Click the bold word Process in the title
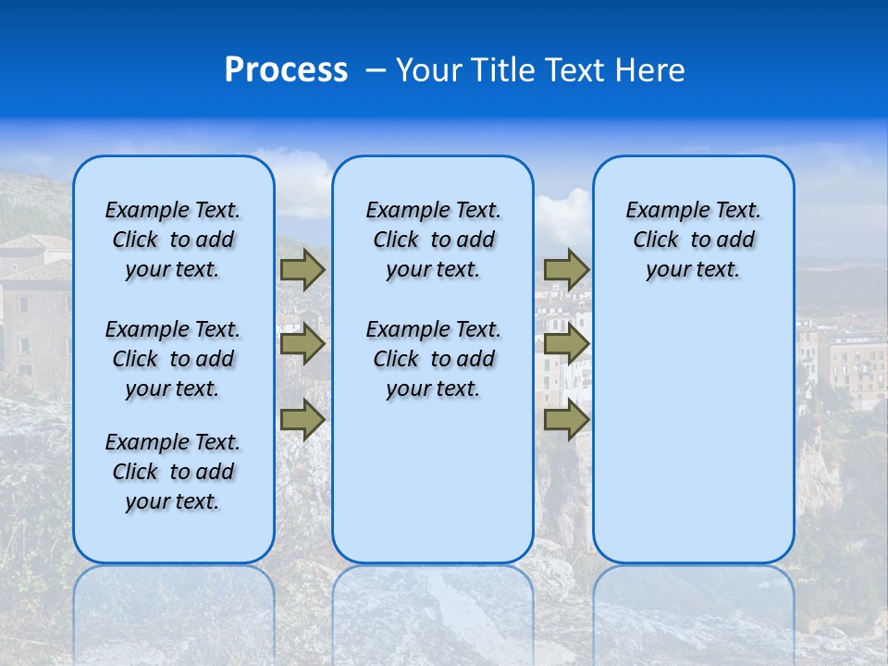[286, 70]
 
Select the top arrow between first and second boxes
[302, 269]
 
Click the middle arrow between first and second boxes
[302, 345]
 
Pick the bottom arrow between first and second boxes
[302, 420]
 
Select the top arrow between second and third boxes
[566, 269]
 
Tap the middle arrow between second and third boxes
[566, 345]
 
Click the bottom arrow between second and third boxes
[566, 420]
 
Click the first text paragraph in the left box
[173, 240]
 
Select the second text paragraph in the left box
[173, 359]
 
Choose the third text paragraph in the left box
[173, 472]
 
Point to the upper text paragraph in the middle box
[433, 240]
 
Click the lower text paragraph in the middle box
[433, 359]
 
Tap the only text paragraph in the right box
[693, 240]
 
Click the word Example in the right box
[660, 211]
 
